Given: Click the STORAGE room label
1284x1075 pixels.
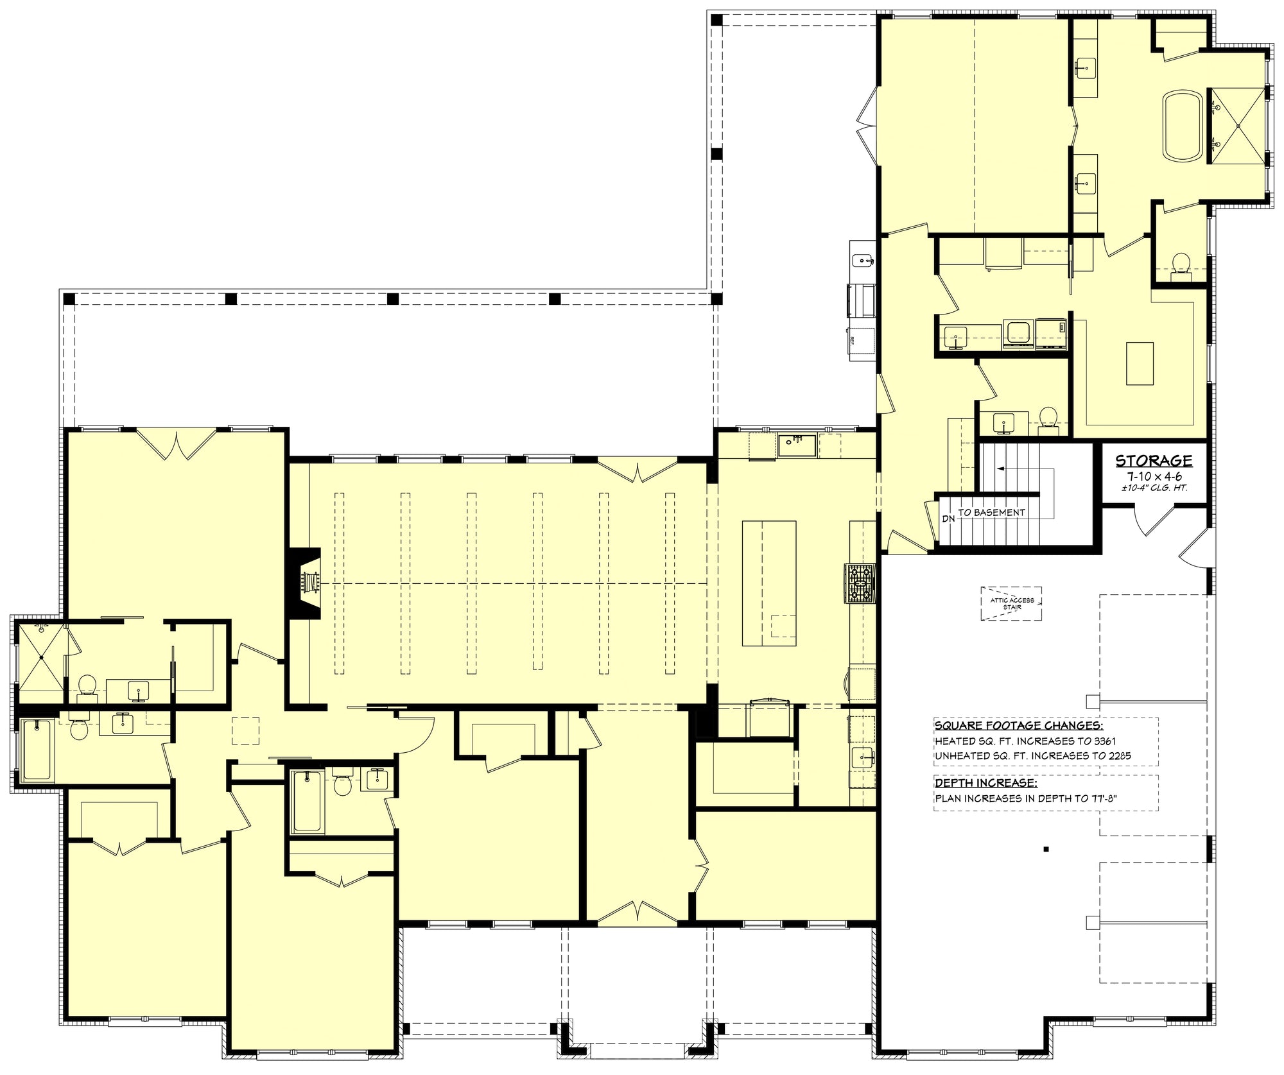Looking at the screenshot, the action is [1154, 460].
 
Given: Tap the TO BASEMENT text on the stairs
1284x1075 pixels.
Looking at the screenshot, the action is [991, 512].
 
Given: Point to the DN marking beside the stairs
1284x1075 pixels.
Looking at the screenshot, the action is [949, 519].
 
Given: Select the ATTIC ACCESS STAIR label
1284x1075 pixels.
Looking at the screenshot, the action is [1012, 603].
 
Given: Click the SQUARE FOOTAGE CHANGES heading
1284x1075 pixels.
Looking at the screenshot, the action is [1019, 726].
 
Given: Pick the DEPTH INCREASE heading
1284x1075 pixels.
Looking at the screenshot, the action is [985, 783].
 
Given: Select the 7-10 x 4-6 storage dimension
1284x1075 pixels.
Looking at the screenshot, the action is [1154, 476].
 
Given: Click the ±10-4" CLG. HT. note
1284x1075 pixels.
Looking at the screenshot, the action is [1154, 488].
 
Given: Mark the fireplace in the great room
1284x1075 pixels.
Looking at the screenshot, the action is [306, 583].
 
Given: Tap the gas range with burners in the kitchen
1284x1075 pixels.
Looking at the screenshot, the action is [860, 583].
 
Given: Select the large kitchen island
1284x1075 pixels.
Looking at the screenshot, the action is [769, 583].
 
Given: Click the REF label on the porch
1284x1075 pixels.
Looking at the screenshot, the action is [853, 340].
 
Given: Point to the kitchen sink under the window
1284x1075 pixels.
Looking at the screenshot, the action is [797, 445].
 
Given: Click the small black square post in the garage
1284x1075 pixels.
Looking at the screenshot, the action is [1046, 849].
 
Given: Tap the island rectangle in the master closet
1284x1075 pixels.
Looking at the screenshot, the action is [1140, 363].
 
